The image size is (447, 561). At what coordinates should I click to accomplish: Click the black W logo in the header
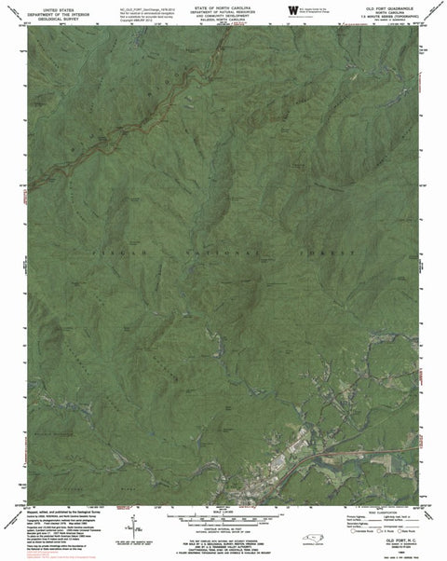point(291,10)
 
